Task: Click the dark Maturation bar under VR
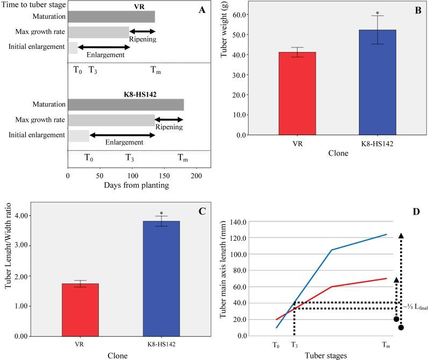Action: pyautogui.click(x=111, y=17)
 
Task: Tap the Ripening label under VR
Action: pyautogui.click(x=142, y=39)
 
